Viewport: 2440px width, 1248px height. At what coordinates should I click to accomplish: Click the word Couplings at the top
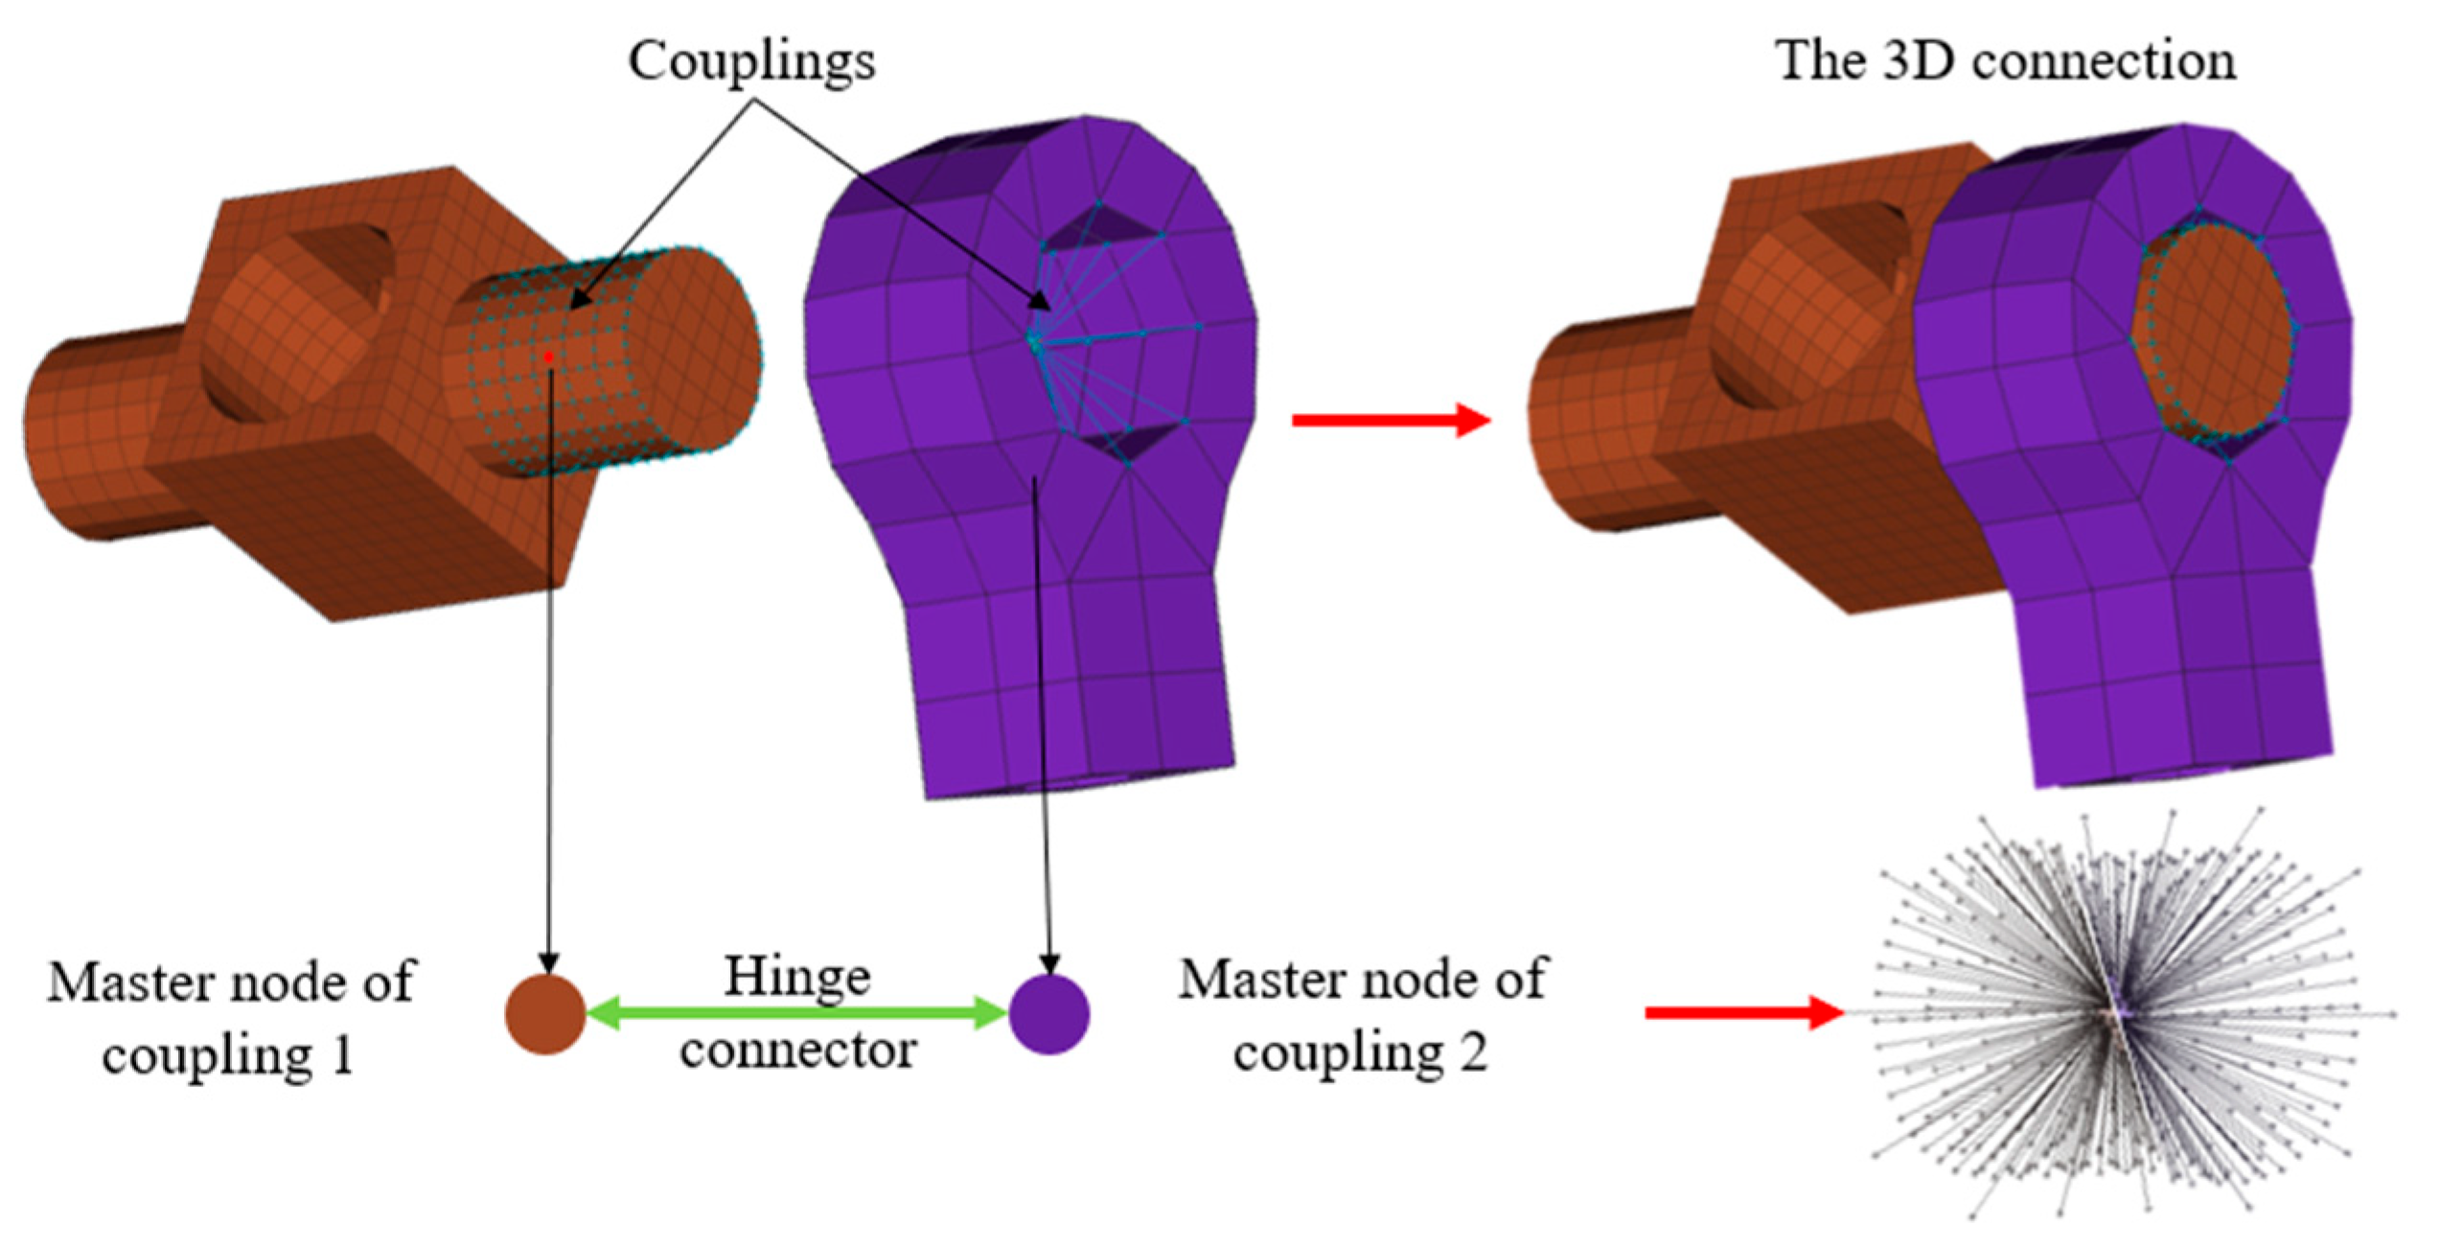(751, 61)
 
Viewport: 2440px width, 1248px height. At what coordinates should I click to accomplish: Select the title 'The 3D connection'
(2006, 61)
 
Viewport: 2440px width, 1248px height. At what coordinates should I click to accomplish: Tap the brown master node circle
(545, 1014)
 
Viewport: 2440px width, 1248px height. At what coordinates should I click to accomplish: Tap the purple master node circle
(1049, 1014)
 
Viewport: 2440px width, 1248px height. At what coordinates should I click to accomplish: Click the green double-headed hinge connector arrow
(796, 1013)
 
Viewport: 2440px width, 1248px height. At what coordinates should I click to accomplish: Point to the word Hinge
(796, 977)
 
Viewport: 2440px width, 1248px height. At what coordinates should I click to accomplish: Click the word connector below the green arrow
(798, 1051)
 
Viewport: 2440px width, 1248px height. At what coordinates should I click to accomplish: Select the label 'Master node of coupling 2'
(1361, 1016)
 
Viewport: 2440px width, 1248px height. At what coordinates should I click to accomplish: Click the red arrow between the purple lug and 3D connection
(1391, 420)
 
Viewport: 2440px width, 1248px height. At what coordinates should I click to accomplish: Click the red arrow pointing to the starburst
(1744, 1012)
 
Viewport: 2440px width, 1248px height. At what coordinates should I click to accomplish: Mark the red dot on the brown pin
(548, 357)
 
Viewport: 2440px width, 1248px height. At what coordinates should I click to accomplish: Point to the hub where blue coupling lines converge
(1034, 339)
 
